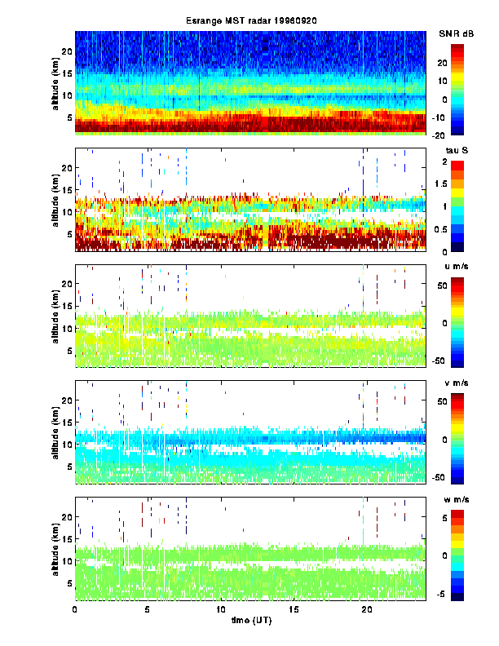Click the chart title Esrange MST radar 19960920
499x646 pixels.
[x=250, y=20]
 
